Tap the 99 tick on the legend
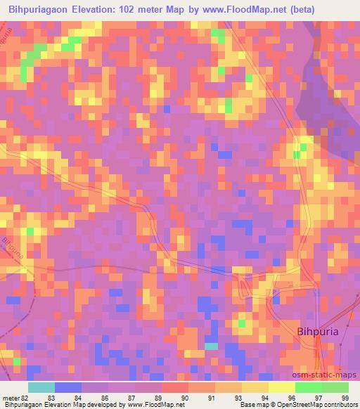coord(346,398)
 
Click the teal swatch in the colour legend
coord(41,387)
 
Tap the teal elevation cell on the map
coord(211,346)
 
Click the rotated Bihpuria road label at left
coord(12,247)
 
